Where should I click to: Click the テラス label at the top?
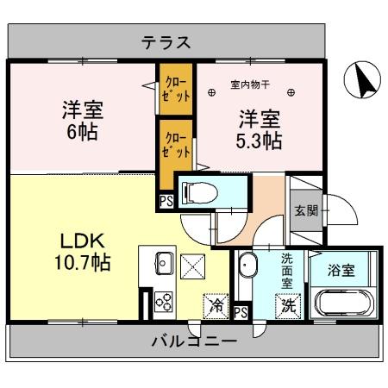point(166,42)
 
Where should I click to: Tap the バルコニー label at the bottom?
point(195,341)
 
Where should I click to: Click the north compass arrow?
point(365,81)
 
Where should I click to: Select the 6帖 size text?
point(83,132)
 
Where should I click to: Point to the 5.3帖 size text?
point(259,141)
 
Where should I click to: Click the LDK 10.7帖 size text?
point(83,262)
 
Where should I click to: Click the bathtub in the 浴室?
point(344,303)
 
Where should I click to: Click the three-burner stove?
point(164,302)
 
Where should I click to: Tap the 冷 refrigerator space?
point(216,306)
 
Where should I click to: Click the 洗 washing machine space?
point(288,306)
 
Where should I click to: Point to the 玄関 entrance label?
point(306,211)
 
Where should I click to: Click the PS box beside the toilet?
point(166,201)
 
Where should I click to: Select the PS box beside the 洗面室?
point(241,312)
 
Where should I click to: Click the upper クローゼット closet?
point(176,89)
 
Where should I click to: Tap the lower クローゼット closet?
point(176,146)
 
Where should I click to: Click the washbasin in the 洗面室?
point(247,265)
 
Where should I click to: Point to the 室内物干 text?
point(250,85)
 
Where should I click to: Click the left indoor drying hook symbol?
point(212,92)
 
